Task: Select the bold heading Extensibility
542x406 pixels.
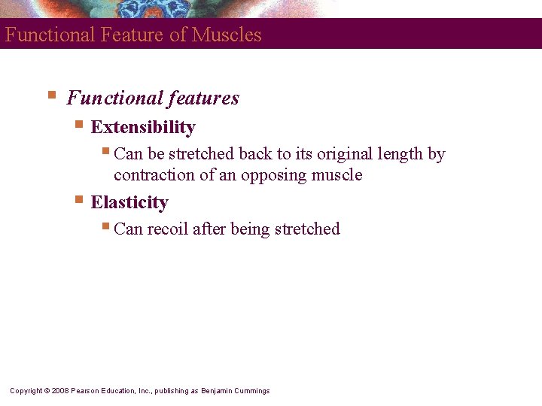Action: coord(143,127)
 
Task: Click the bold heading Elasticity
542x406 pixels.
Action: coord(129,202)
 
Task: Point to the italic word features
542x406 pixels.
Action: coord(202,98)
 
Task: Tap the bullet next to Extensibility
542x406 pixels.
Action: coord(79,125)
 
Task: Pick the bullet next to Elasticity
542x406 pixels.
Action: coord(79,200)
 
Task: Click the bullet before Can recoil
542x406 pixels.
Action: coord(106,226)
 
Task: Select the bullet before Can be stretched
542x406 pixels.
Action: coord(106,151)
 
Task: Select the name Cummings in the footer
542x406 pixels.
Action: coord(252,391)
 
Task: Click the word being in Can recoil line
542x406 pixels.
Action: coord(239,229)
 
